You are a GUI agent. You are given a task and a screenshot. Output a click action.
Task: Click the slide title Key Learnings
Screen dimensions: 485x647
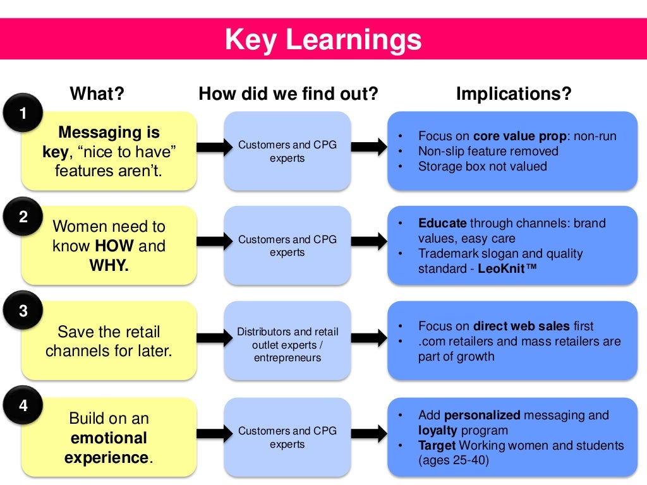tap(323, 39)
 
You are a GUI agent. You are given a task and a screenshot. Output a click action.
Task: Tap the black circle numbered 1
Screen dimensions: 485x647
tap(23, 114)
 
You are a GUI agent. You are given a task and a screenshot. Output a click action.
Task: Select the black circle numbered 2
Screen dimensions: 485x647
tap(23, 217)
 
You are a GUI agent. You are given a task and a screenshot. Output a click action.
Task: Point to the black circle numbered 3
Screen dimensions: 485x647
tap(23, 311)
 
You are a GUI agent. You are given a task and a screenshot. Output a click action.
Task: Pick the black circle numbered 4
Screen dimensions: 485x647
tap(23, 405)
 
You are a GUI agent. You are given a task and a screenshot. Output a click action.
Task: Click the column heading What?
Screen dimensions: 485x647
tap(97, 94)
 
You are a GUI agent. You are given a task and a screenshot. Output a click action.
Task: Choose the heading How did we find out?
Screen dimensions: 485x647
tap(288, 94)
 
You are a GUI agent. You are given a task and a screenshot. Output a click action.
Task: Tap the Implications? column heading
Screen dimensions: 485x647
tap(514, 94)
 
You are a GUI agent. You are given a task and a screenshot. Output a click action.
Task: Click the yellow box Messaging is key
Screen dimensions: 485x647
tap(109, 151)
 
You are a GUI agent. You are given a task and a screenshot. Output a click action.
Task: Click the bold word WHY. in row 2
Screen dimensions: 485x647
tap(109, 265)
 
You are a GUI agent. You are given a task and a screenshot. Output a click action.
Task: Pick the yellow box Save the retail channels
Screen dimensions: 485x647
tap(109, 341)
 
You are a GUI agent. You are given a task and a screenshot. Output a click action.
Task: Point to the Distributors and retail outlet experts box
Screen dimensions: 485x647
tap(287, 345)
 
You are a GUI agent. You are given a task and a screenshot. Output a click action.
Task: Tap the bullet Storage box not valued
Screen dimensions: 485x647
tap(482, 167)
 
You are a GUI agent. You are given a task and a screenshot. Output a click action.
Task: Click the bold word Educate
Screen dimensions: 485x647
tap(442, 224)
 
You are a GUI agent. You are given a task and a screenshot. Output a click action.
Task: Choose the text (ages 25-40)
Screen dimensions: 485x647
tap(453, 460)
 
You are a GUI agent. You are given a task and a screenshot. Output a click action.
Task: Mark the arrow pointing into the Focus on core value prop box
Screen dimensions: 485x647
tap(368, 147)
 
